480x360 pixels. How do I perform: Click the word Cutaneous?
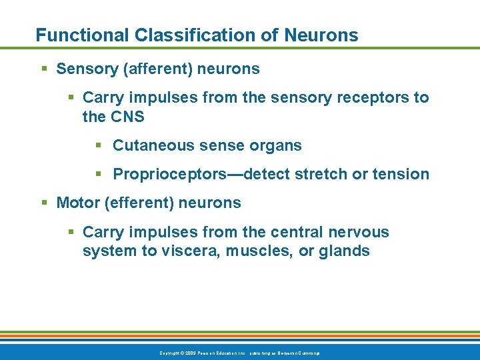149,145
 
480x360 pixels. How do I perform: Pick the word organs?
277,145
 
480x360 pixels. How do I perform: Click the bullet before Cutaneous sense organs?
98,145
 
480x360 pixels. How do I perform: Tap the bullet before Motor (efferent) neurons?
44,203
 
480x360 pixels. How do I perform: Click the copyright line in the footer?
240,352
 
